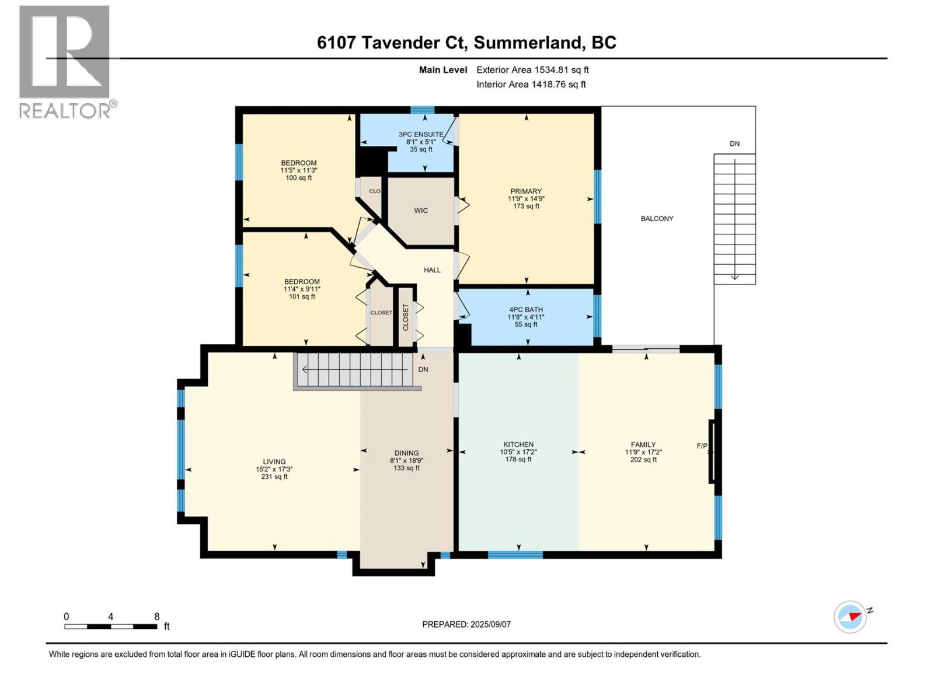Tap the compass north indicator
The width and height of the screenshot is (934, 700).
click(x=850, y=617)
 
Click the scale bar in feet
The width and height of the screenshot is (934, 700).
click(x=110, y=626)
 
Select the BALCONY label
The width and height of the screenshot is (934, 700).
click(x=657, y=219)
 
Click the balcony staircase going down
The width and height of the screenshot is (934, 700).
click(x=734, y=219)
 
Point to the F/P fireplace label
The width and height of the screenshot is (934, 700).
click(x=702, y=446)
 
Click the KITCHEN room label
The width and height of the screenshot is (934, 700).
click(x=518, y=444)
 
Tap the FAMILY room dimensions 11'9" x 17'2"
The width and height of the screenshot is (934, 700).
click(x=643, y=452)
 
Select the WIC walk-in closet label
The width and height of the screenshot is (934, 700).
click(x=421, y=211)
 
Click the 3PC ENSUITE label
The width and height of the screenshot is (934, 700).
click(x=421, y=134)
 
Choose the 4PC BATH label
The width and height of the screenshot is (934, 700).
click(x=526, y=310)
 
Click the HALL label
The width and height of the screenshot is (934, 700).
click(x=432, y=270)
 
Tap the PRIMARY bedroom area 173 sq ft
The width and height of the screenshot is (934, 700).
click(x=526, y=206)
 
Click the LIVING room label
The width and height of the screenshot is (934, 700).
click(x=274, y=461)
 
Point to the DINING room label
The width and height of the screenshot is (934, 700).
click(x=406, y=453)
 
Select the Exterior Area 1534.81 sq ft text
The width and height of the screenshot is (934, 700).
click(x=532, y=70)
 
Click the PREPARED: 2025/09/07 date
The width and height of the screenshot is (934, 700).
click(x=466, y=624)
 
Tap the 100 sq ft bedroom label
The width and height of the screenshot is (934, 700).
click(x=298, y=178)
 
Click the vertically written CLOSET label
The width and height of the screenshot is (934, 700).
click(x=406, y=317)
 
